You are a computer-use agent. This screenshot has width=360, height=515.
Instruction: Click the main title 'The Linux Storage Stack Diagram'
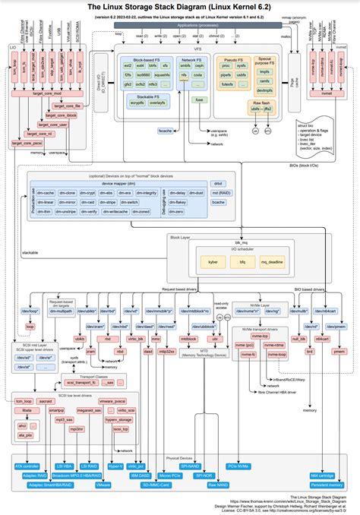point(179,7)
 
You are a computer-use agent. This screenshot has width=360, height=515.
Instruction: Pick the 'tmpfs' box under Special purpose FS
point(264,72)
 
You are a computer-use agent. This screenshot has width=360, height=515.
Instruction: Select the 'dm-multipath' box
point(62,311)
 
